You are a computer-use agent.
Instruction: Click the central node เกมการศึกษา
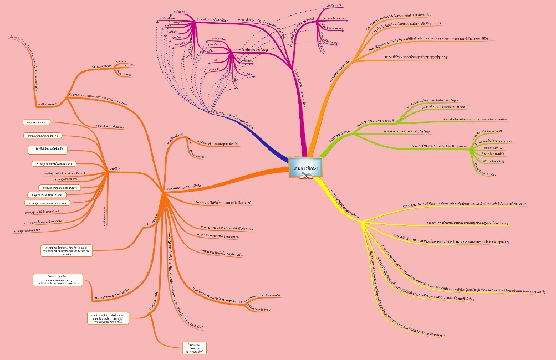pos(305,167)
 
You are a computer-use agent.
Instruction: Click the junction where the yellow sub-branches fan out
pos(362,223)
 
